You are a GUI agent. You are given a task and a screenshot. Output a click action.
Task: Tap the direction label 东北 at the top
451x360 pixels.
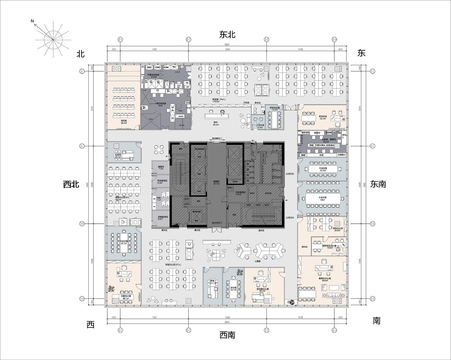227,35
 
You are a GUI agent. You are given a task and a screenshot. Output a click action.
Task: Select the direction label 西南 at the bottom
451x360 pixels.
227,335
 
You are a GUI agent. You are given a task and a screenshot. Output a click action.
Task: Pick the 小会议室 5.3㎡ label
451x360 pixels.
259,127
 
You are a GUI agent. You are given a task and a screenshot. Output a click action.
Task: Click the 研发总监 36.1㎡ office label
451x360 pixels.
323,118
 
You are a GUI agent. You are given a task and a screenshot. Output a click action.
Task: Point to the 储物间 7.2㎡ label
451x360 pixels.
161,168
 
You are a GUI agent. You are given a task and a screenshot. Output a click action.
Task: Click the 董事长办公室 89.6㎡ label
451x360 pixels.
324,280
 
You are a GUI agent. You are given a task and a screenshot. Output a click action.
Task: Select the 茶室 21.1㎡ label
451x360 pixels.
212,282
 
